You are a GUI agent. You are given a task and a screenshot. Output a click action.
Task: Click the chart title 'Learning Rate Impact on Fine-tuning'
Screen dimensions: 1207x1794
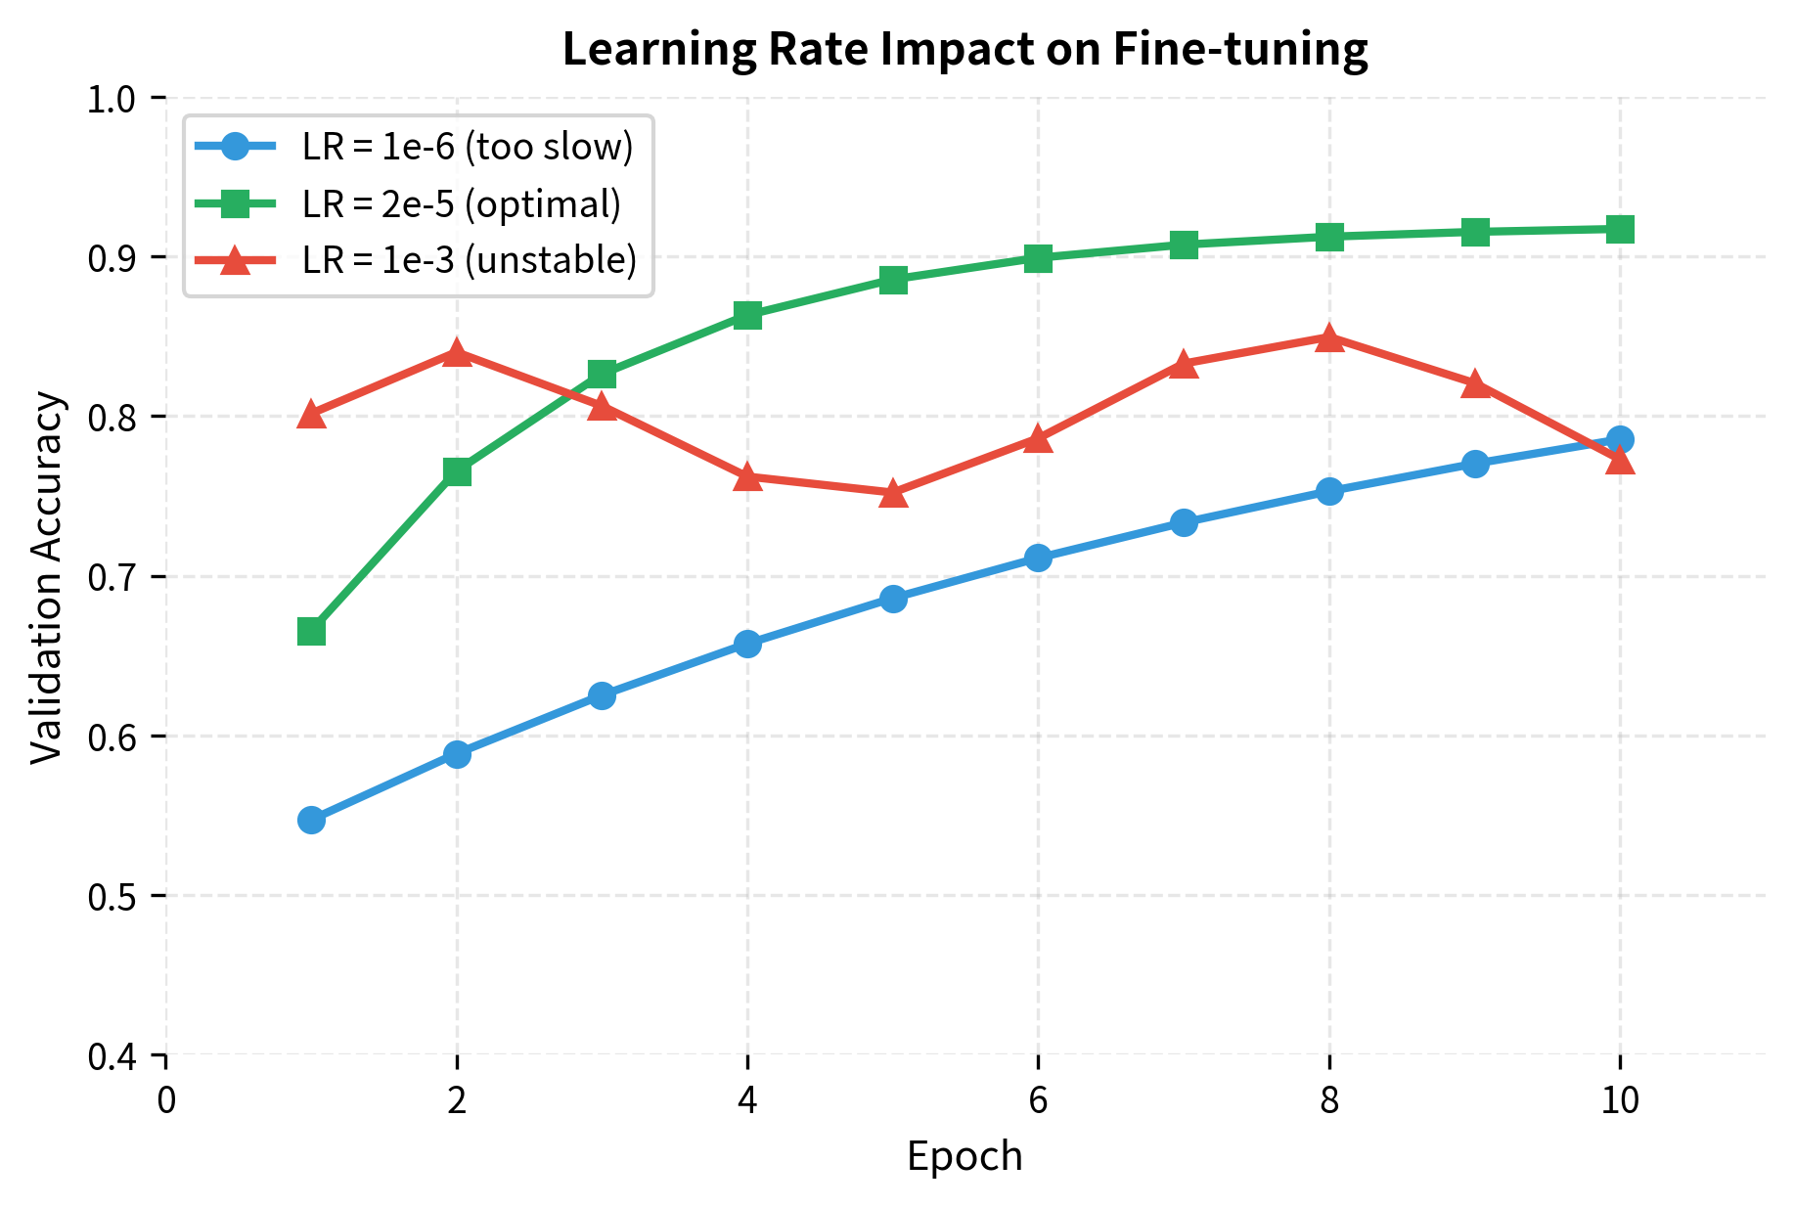coord(964,49)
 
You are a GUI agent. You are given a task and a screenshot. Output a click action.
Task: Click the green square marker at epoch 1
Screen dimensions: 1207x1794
coord(311,632)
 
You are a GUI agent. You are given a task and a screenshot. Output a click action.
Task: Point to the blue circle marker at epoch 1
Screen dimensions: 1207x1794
coord(311,820)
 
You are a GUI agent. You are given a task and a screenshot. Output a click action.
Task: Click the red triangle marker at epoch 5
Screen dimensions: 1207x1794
coord(893,494)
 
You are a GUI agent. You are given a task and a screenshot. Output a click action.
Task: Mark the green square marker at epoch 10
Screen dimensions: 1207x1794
coord(1620,230)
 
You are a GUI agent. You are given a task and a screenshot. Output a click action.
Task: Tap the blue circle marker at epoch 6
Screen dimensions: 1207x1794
coord(1038,559)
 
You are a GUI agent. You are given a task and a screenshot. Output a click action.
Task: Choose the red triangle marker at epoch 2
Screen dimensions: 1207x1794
coord(457,353)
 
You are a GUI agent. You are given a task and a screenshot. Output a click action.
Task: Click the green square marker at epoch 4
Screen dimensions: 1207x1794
coord(747,315)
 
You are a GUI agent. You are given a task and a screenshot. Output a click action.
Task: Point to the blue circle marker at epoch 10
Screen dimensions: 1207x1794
coord(1620,439)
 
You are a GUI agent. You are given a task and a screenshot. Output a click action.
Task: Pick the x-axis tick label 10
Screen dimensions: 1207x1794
coord(1620,1100)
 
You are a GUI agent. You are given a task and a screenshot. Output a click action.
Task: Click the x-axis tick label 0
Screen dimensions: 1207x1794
coord(166,1100)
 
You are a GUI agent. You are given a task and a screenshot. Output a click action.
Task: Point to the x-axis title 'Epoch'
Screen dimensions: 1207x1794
coord(964,1157)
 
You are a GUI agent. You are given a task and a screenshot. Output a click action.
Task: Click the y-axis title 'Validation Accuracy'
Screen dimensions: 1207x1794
coord(47,577)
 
